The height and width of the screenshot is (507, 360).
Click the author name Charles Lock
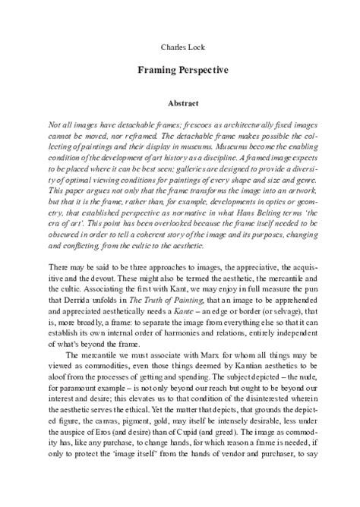pos(179,46)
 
